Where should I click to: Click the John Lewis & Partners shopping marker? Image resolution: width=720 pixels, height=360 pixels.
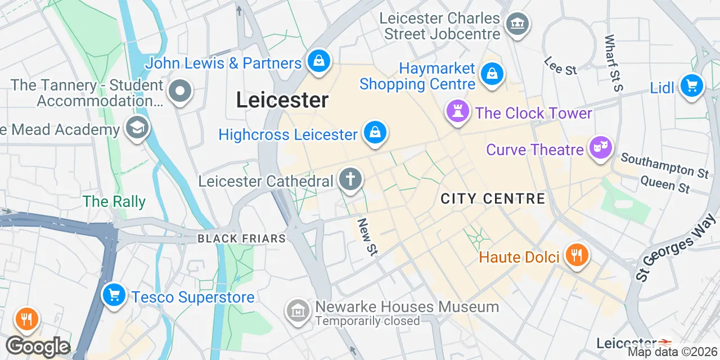click(319, 60)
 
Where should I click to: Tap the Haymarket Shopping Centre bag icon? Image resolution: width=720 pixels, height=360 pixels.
click(492, 73)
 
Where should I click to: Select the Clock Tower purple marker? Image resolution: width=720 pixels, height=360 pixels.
click(457, 111)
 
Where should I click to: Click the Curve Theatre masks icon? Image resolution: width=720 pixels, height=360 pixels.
click(600, 148)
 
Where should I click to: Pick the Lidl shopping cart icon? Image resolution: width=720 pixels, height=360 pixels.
click(691, 86)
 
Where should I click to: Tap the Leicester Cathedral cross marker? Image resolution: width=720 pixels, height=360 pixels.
click(350, 180)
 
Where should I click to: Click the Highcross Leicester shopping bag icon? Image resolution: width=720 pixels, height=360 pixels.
click(373, 133)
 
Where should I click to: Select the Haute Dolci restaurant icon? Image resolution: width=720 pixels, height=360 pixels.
click(575, 256)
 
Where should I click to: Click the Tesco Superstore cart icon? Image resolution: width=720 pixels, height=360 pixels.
click(114, 295)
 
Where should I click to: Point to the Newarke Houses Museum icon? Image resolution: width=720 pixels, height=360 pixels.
click(298, 310)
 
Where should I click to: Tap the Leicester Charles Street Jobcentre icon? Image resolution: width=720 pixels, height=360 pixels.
click(516, 24)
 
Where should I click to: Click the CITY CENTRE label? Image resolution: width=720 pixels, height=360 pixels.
click(493, 199)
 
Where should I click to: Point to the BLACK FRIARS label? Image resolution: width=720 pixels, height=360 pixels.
click(241, 238)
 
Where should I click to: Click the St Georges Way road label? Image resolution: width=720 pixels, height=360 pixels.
click(674, 251)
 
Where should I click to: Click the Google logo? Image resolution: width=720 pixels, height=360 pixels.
click(38, 347)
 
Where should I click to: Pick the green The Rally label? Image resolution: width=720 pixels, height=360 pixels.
click(114, 201)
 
